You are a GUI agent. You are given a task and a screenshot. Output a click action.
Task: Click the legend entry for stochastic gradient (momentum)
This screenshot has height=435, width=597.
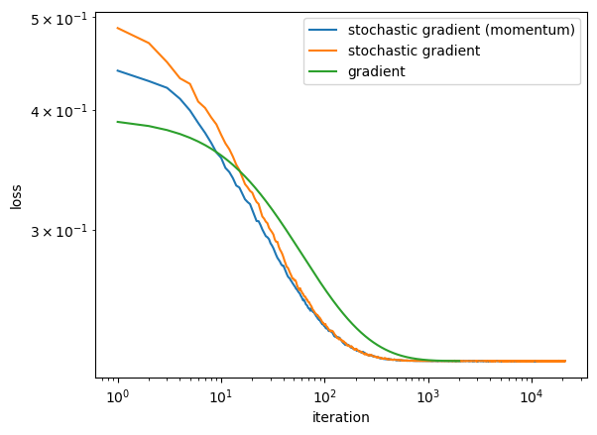click(x=461, y=31)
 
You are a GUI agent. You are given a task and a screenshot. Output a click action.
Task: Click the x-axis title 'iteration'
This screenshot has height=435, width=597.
click(x=341, y=418)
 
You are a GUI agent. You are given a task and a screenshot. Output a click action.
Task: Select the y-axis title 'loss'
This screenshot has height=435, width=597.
click(x=16, y=196)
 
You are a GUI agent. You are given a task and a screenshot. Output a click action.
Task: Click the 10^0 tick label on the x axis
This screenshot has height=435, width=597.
click(x=118, y=398)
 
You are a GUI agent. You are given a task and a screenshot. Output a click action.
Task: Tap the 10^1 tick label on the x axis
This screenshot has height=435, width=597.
click(x=221, y=398)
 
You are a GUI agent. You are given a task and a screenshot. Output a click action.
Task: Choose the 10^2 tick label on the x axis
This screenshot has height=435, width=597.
click(x=325, y=398)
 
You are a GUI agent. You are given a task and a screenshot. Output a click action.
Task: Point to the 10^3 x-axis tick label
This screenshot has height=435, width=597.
click(x=428, y=398)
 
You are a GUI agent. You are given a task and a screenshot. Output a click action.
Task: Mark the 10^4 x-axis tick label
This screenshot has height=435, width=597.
click(x=532, y=398)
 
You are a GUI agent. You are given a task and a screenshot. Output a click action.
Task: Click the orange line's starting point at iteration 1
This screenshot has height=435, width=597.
click(x=118, y=28)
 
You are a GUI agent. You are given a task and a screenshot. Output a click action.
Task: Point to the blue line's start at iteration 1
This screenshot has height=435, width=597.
click(x=118, y=70)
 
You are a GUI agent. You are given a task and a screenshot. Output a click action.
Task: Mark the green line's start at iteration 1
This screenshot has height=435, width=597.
click(x=118, y=122)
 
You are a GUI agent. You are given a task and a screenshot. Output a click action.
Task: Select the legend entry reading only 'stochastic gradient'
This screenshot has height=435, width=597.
click(x=414, y=51)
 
